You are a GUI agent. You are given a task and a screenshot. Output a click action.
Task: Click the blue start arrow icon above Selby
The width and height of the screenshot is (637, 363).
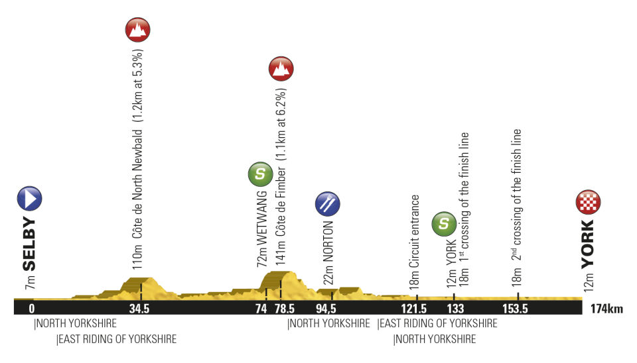[x=29, y=199]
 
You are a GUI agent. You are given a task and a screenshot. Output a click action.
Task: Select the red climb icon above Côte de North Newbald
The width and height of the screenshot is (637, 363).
[x=138, y=30]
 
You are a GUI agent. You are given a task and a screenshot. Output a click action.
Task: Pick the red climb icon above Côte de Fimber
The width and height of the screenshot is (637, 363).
[x=281, y=68]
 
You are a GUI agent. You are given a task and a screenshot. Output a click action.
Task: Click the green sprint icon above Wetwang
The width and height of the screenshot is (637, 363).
[x=260, y=175]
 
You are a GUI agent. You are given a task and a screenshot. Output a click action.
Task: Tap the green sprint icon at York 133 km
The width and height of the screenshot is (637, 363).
[x=444, y=225]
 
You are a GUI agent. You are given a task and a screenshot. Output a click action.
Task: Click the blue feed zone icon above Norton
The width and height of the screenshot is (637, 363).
[x=328, y=204]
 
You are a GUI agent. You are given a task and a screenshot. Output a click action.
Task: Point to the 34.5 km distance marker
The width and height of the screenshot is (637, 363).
[x=139, y=309]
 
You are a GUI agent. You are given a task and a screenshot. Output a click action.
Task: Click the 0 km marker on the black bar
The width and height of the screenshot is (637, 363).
[x=31, y=309]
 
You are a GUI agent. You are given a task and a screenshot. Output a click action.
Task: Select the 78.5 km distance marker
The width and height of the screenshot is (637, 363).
[x=285, y=309]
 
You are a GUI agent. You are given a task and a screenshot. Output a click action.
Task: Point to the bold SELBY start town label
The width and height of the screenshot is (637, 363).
[x=29, y=244]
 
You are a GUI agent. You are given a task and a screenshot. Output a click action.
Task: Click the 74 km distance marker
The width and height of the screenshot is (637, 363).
[x=261, y=309]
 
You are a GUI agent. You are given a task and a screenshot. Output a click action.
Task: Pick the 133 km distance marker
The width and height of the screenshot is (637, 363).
[x=455, y=309]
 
